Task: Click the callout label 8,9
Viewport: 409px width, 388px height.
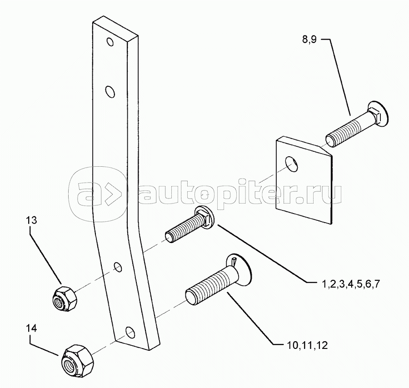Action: coord(309,40)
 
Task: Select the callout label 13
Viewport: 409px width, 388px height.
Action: coord(31,220)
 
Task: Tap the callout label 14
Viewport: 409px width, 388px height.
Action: coord(31,328)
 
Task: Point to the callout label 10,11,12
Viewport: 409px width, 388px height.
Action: coord(307,345)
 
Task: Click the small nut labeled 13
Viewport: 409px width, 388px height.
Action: coord(65,298)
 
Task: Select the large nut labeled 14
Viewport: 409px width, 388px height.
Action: coord(76,359)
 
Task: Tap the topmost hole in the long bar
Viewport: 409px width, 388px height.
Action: coord(110,42)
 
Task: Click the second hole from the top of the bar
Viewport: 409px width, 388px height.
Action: coord(110,92)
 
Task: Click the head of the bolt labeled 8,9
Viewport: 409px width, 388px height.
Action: coord(378,114)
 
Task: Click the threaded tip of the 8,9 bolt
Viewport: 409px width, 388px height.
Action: coord(330,140)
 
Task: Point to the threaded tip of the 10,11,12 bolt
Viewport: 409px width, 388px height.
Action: coord(191,297)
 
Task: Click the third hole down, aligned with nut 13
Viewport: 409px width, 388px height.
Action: coord(118,267)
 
